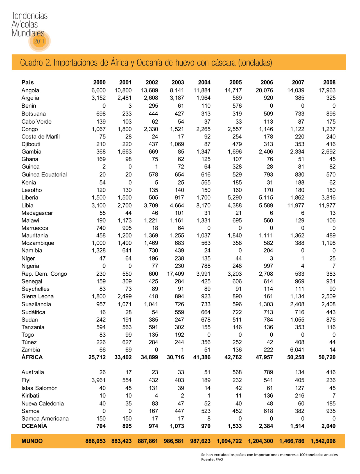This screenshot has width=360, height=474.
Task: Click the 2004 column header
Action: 204,82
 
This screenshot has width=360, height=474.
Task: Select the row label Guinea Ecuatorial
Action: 44,174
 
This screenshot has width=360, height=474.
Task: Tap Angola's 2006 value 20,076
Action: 264,90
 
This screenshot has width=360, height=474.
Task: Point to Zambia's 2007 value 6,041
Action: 296,350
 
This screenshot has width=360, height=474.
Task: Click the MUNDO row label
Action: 32,441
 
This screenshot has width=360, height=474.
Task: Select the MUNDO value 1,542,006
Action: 323,441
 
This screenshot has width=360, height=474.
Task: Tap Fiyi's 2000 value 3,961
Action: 98,380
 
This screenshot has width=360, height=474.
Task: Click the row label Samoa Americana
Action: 45,418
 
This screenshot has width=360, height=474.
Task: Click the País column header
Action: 28,82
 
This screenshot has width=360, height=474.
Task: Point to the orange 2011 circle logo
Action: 39,41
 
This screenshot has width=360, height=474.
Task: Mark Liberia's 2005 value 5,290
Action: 235,198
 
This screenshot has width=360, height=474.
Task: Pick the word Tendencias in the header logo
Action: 30,16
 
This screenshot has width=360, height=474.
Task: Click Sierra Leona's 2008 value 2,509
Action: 327,296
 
